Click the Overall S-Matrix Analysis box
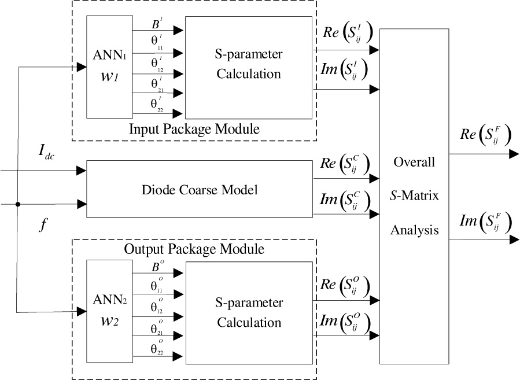[x=414, y=195]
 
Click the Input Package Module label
[x=194, y=129]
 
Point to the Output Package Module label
[x=194, y=250]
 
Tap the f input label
[x=42, y=226]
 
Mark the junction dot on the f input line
[x=19, y=204]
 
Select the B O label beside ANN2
[x=157, y=268]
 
